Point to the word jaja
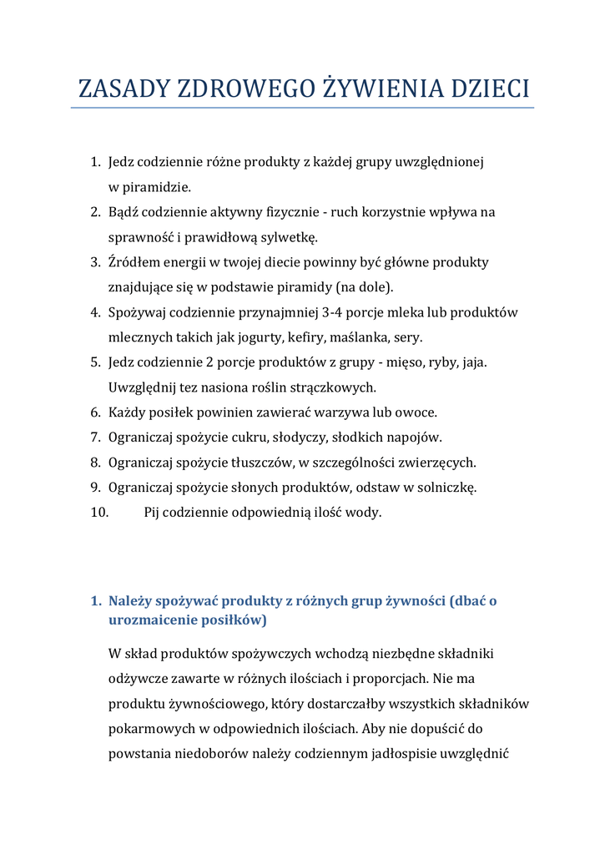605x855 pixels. pos(473,362)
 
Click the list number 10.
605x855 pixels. pos(99,513)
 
